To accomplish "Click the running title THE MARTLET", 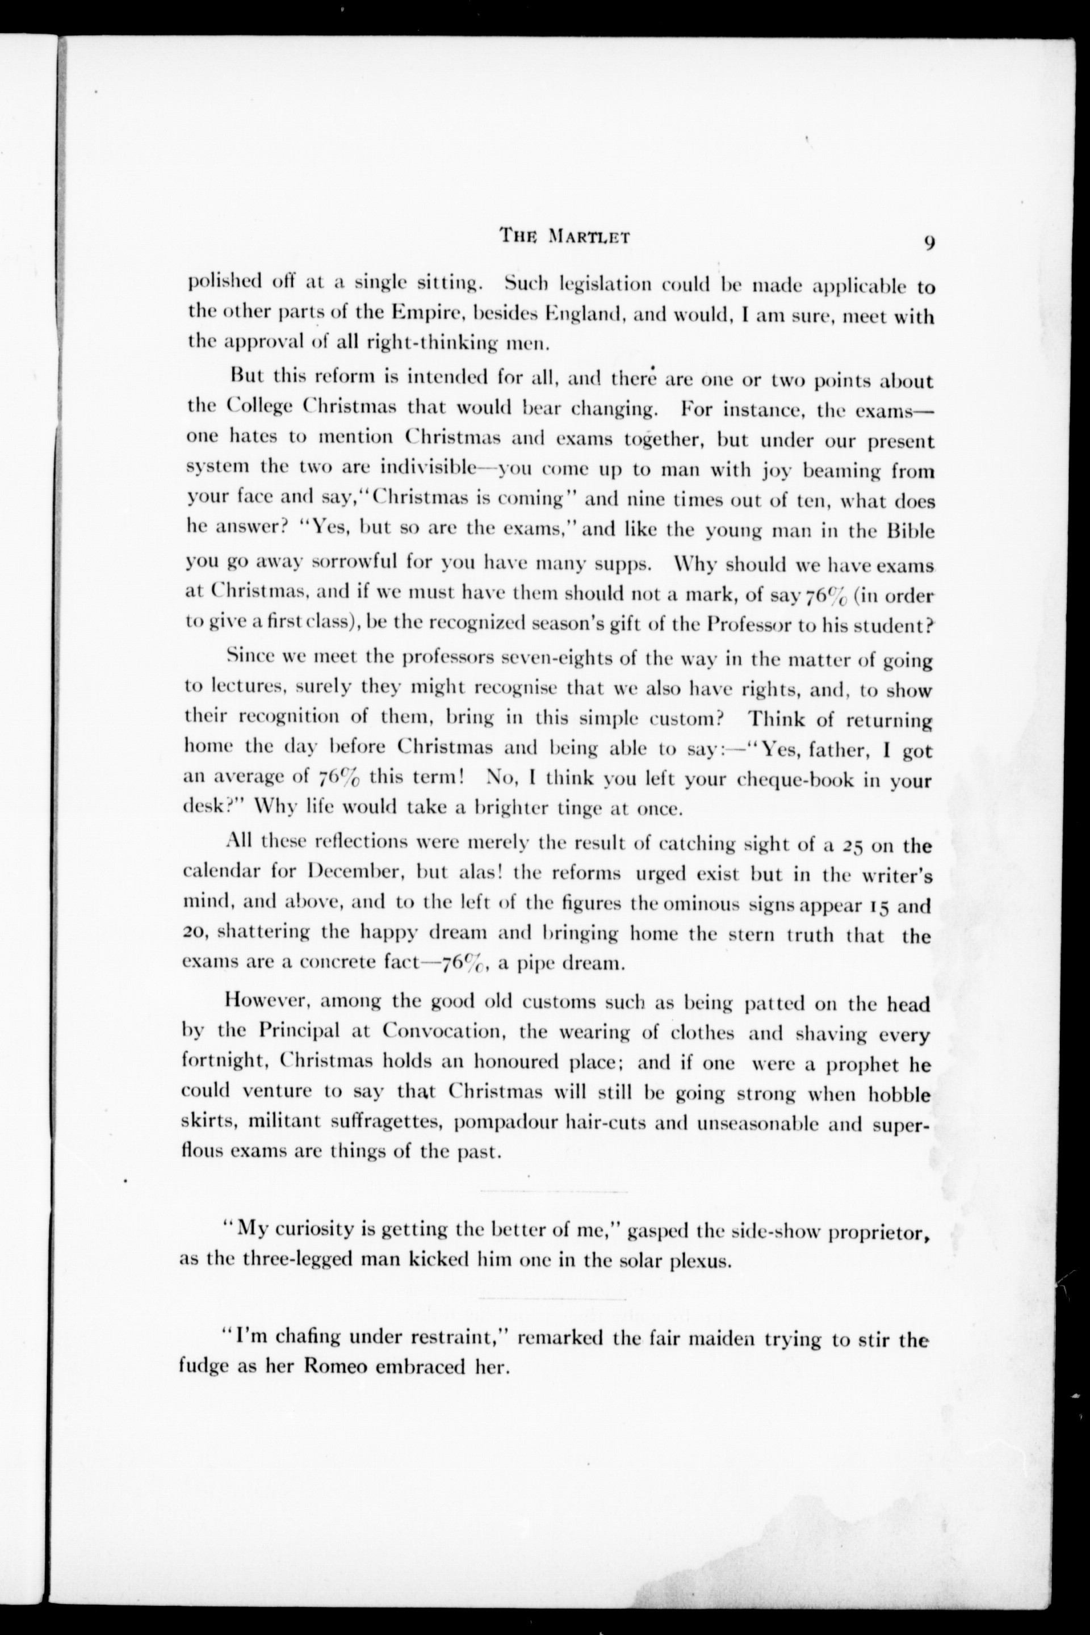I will (x=564, y=236).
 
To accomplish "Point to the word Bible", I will (x=911, y=532).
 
